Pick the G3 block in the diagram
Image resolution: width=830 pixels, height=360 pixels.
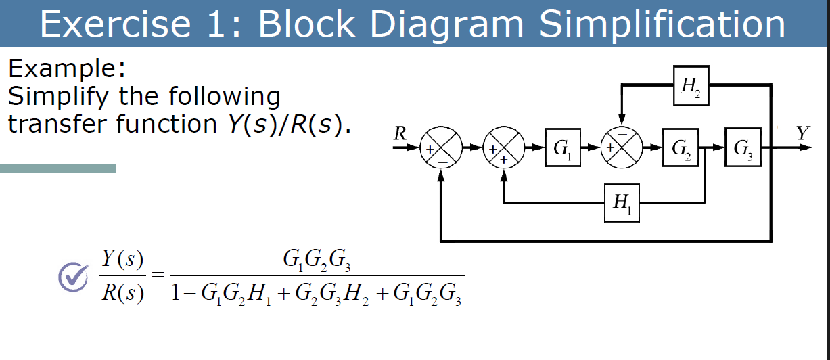[x=742, y=147]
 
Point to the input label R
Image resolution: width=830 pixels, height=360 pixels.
[x=400, y=133]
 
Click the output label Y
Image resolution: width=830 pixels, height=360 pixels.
[x=802, y=133]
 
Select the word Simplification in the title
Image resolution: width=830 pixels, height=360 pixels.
[x=662, y=24]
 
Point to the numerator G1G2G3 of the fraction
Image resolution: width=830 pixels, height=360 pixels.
[x=317, y=260]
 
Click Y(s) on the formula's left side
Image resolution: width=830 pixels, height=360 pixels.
[x=122, y=260]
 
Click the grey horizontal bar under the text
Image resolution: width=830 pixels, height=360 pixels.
[x=58, y=168]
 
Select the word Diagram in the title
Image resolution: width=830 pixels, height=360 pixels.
[x=446, y=24]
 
